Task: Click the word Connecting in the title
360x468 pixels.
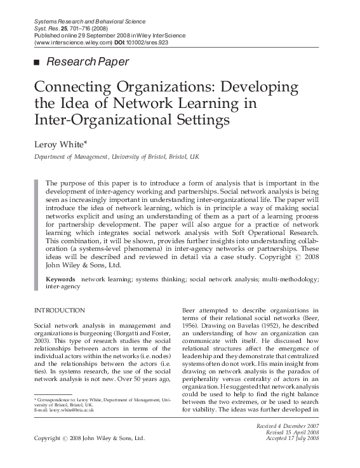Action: (x=69, y=86)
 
